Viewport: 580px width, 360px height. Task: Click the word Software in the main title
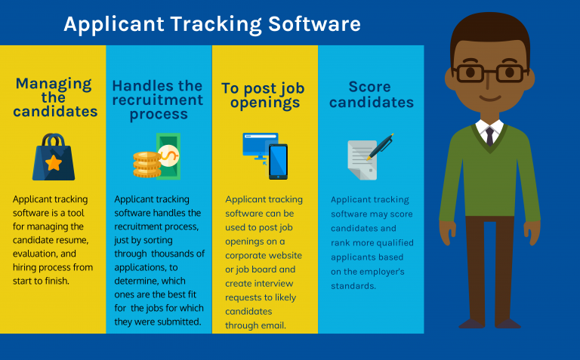point(313,24)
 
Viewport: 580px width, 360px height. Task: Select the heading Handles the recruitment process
point(159,100)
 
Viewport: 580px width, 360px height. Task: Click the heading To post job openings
point(263,95)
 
